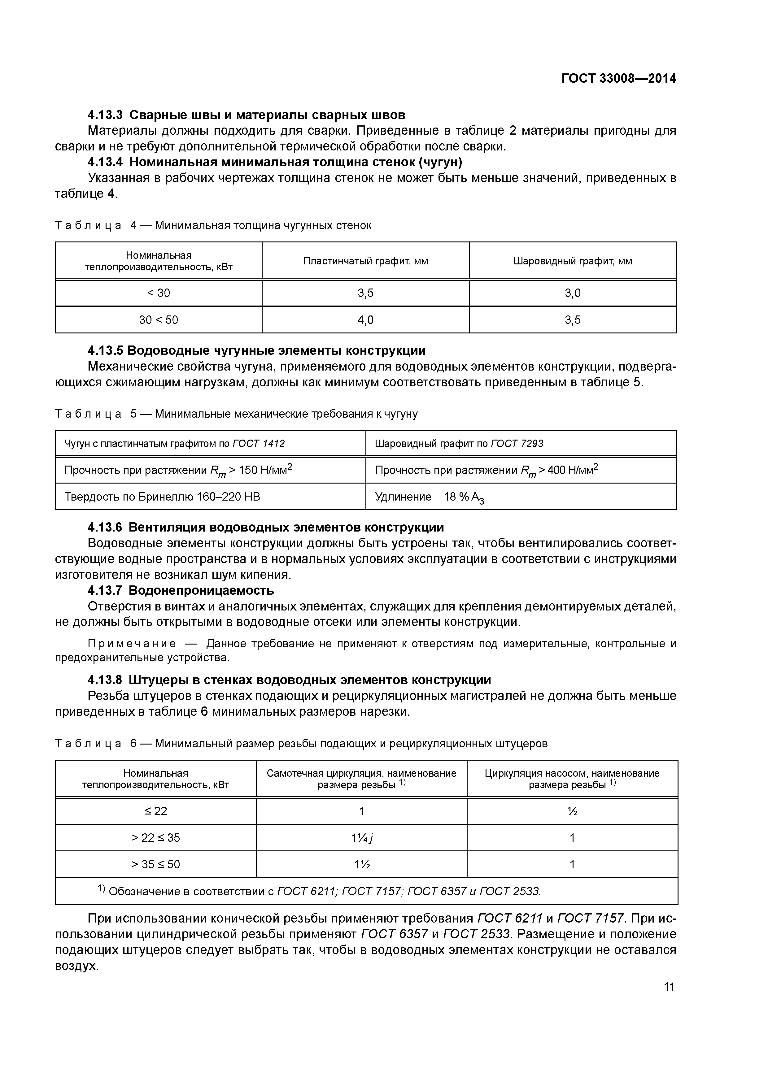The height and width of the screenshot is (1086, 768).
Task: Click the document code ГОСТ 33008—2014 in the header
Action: [618, 79]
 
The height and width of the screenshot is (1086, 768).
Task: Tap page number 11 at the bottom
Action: [669, 987]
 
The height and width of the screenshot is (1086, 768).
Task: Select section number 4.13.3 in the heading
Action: [105, 115]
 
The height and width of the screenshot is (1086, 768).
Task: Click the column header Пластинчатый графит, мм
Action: [365, 261]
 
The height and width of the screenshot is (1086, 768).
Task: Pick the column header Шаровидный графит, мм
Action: [573, 261]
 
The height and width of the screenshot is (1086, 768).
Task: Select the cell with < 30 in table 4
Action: [159, 293]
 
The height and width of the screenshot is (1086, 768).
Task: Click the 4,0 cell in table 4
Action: [365, 320]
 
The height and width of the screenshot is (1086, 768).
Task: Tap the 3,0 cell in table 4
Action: [573, 293]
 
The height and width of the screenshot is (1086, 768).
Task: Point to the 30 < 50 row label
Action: [159, 320]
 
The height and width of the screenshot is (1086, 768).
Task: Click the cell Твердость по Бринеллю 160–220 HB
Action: [162, 497]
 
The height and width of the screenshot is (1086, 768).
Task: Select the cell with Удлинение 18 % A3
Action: [429, 497]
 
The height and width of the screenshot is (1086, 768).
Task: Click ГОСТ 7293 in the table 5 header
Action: [517, 444]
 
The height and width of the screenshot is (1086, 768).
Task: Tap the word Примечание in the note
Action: [132, 644]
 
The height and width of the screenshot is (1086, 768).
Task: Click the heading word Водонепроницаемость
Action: [201, 590]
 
